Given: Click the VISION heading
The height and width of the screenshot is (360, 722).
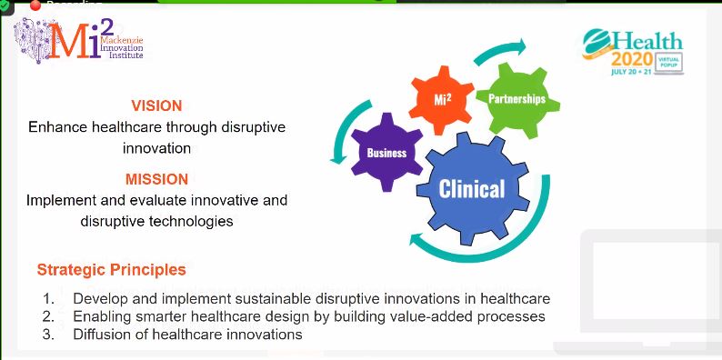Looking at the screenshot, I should pos(156,105).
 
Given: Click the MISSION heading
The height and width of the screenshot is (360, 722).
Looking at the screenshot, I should pos(156,179).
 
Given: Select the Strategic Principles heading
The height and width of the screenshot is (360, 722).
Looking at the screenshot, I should pos(111,270).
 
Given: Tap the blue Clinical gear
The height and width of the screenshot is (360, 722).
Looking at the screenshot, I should pos(471,189).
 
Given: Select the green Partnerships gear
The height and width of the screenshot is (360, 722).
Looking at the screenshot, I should pos(516,98).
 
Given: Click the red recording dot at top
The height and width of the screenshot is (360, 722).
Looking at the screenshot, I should pos(37,5).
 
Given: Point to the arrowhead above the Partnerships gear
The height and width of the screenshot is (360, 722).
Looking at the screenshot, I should pos(521,45).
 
